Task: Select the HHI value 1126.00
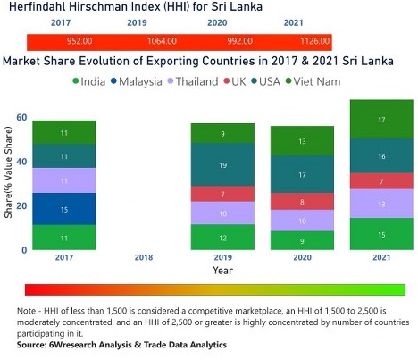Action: tap(294, 41)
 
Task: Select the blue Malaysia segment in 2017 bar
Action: tap(63, 209)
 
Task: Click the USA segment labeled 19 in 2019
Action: tap(222, 165)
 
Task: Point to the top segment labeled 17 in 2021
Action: tap(381, 120)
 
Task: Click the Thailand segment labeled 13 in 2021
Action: tap(381, 204)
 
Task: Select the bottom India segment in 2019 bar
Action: tap(222, 237)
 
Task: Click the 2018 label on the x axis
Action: tap(143, 257)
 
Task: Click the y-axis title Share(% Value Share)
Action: tap(8, 183)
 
